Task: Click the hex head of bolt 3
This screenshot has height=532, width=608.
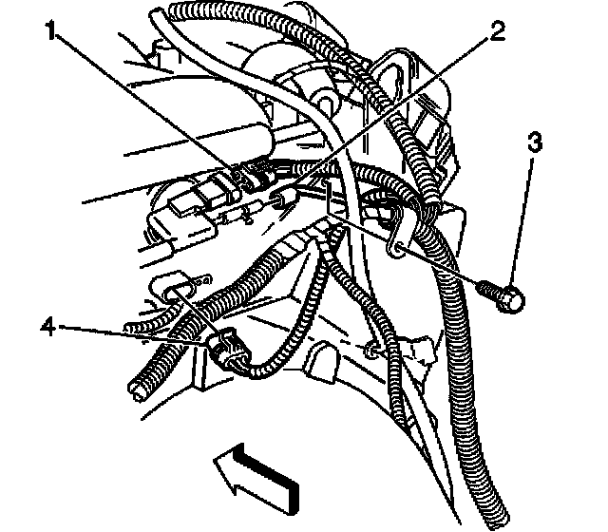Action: point(511,299)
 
